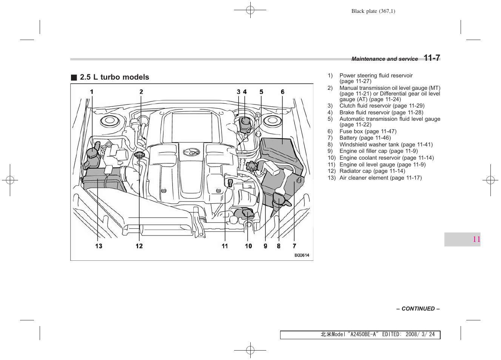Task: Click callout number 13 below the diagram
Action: [x=99, y=246]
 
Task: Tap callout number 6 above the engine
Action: [x=282, y=92]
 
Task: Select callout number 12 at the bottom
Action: [x=139, y=246]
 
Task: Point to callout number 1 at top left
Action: [x=91, y=92]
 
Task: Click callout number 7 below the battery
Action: [x=294, y=246]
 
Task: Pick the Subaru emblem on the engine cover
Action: [x=191, y=152]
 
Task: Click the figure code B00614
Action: [x=302, y=255]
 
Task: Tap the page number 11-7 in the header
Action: [x=432, y=58]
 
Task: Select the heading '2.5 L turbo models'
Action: [x=114, y=77]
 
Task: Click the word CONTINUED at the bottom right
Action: [x=418, y=309]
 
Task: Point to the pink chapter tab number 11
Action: [x=476, y=239]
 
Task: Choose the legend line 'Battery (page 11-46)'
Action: [x=365, y=138]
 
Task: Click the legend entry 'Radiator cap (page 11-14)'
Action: [x=372, y=171]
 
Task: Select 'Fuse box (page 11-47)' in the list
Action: [x=368, y=131]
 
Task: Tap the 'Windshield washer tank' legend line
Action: [x=386, y=145]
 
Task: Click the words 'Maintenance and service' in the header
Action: [x=384, y=59]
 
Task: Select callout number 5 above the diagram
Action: [x=261, y=92]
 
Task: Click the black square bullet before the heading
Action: [x=74, y=78]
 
